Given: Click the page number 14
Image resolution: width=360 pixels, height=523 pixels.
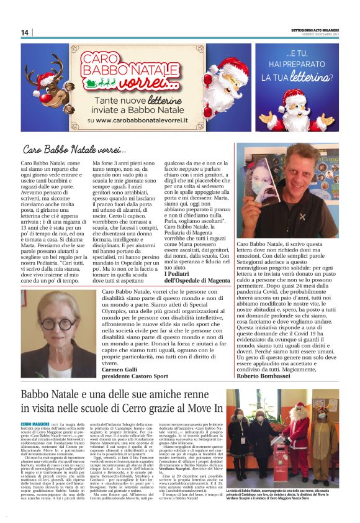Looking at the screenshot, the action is [25, 32].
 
